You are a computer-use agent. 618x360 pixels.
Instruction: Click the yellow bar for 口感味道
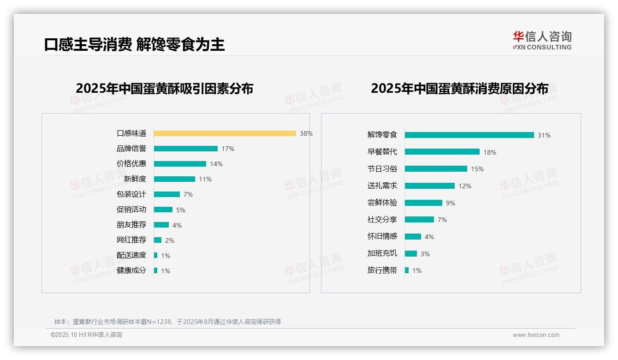225,133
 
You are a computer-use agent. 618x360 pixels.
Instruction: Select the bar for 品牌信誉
185,149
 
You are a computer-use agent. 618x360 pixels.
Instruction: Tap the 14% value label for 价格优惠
216,164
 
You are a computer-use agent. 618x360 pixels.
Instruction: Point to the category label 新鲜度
135,179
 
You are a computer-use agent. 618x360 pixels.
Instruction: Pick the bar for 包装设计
166,194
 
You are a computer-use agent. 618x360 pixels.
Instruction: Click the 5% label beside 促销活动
181,210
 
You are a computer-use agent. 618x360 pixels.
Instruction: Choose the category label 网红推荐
131,240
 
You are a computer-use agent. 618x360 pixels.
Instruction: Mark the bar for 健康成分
156,270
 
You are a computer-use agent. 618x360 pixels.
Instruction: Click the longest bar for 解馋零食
469,135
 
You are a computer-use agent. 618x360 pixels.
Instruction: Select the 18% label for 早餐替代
490,152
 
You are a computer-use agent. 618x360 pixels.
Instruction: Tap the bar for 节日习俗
436,169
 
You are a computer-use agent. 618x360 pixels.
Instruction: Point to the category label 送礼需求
382,186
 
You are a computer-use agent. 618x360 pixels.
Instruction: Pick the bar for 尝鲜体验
423,203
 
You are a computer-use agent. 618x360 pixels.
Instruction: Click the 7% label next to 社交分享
442,220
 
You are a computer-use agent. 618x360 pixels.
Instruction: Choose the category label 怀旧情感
382,236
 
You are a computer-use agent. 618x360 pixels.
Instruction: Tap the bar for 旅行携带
407,270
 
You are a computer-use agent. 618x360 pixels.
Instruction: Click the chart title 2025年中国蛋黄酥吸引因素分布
165,89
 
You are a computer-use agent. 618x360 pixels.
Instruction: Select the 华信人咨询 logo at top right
542,41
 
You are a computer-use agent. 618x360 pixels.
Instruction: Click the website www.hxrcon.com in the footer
536,335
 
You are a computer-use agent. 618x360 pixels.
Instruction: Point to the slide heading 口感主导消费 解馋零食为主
134,44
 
